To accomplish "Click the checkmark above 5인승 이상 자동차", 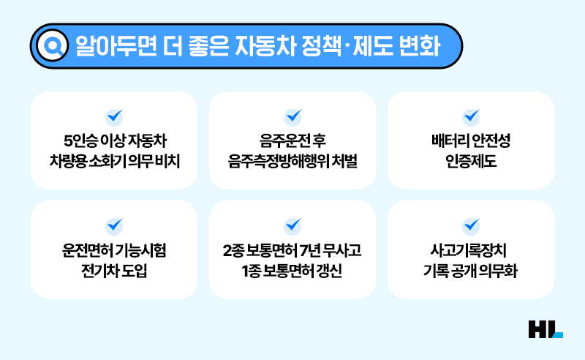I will (x=114, y=116).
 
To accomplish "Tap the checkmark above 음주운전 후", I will (x=292, y=116).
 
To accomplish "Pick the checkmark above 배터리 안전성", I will (x=471, y=116).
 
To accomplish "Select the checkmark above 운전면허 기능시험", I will (x=114, y=225).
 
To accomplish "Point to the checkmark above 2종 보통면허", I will (x=292, y=225).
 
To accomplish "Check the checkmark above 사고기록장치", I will (x=471, y=225).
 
